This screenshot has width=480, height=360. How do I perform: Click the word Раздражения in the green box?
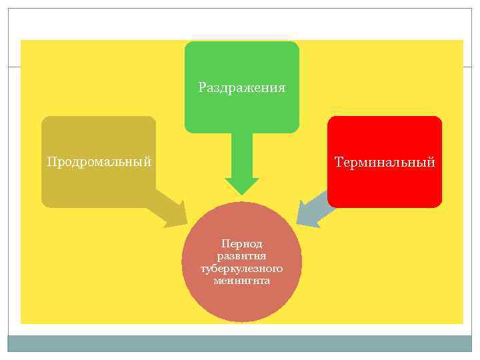coord(242,87)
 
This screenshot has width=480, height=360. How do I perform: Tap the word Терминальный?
coord(385,161)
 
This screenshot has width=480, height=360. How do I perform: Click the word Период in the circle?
coord(241,245)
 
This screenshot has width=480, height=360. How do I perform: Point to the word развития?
coord(241,257)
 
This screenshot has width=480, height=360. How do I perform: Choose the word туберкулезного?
coord(241,269)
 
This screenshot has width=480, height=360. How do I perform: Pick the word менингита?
coord(241,281)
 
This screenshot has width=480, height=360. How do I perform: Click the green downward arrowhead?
coord(241,186)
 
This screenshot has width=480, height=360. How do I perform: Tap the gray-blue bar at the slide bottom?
coord(240,343)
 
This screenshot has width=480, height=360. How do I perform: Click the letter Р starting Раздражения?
coord(202,87)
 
